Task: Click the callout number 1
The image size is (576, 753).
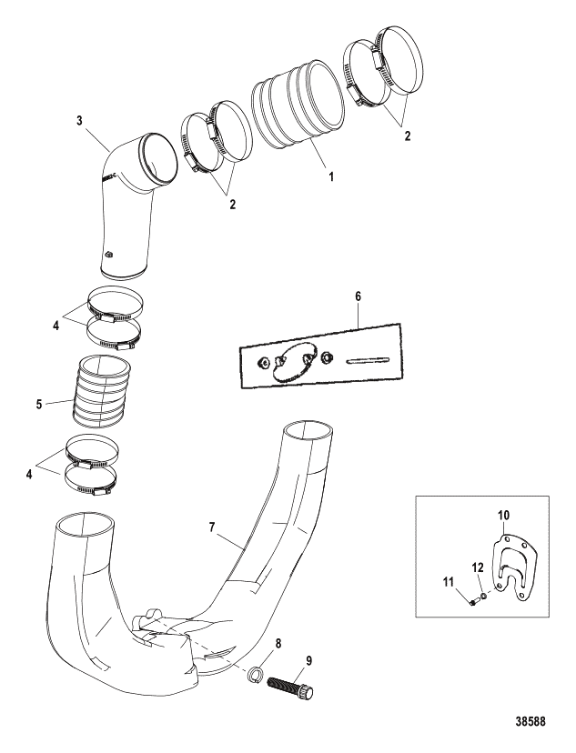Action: [330, 176]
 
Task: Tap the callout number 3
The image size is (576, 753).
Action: [80, 120]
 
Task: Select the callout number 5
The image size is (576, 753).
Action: [39, 404]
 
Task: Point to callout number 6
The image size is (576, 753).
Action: [358, 296]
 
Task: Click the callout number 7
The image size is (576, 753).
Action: [212, 527]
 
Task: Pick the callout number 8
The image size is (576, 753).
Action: [278, 644]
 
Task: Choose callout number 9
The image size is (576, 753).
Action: [308, 661]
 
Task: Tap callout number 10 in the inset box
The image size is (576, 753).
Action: [504, 516]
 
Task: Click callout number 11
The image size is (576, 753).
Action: [449, 583]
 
